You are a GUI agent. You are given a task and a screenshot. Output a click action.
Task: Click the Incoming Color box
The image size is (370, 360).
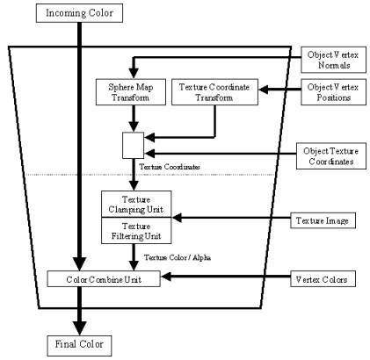(x=79, y=13)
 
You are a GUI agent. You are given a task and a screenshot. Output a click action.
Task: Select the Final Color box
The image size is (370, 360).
(x=79, y=346)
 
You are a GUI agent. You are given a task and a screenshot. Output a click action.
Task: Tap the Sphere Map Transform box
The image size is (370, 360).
(x=131, y=92)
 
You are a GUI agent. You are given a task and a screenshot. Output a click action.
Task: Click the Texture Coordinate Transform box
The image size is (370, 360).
(x=214, y=92)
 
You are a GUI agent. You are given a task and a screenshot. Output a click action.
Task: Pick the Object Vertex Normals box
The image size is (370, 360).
(x=333, y=60)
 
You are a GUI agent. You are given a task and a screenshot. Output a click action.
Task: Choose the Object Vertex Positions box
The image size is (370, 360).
(x=333, y=92)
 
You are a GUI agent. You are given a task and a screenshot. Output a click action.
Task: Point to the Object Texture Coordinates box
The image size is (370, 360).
(x=331, y=156)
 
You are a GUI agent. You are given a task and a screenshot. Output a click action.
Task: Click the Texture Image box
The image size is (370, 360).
(x=323, y=220)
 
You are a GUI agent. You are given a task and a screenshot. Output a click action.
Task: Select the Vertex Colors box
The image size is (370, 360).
(x=323, y=279)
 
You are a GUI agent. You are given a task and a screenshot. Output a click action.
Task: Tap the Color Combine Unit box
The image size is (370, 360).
(x=104, y=279)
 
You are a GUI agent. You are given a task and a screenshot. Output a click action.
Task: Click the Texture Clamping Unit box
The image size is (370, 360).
(x=136, y=205)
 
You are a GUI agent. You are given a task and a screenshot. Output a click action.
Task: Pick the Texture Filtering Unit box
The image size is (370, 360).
(x=136, y=231)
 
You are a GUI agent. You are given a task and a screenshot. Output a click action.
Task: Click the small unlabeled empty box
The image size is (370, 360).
(x=133, y=146)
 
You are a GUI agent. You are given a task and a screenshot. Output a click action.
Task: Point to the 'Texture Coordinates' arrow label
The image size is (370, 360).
(x=170, y=167)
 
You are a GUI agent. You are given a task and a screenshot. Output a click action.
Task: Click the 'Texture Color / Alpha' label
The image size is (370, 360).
(x=178, y=257)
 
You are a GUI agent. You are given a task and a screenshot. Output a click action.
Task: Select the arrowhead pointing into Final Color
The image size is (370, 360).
(x=79, y=328)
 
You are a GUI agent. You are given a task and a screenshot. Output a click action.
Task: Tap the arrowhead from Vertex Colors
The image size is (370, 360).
(x=166, y=277)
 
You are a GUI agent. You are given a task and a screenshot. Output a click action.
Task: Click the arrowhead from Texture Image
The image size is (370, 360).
(x=177, y=218)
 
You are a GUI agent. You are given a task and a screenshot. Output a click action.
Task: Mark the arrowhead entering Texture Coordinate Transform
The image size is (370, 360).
(x=264, y=90)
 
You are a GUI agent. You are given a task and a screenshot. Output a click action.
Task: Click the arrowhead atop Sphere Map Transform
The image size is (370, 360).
(x=134, y=73)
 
